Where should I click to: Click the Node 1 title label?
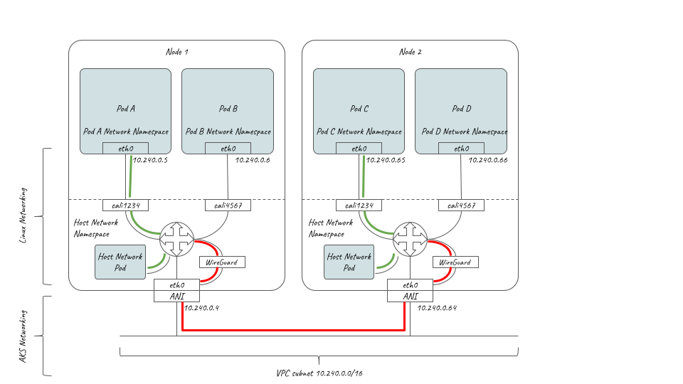point(177,52)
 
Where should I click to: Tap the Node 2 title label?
point(411,52)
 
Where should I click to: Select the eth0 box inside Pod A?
point(125,148)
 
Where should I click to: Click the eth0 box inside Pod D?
point(461,148)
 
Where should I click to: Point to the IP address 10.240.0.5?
point(150,160)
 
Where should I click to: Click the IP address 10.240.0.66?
point(488,160)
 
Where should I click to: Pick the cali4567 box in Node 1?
point(228,205)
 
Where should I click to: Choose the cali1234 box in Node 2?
point(359,205)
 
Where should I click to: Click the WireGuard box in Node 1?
point(222,262)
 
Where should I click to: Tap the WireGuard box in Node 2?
point(455,262)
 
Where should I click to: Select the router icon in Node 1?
point(177,239)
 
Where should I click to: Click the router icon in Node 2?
point(411,239)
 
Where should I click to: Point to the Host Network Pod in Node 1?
point(120,262)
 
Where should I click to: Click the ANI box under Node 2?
point(411,296)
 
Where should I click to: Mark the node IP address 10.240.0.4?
point(201,308)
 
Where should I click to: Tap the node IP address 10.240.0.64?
point(437,308)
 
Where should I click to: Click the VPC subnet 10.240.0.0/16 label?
point(319,373)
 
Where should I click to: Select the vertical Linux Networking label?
point(23,215)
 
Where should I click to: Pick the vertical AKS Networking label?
point(23,336)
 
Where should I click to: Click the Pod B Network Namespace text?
point(228,132)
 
